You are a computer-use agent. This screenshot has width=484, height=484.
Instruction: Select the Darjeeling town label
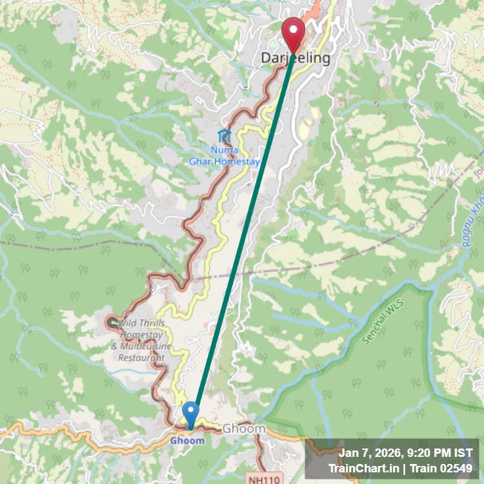click(x=295, y=58)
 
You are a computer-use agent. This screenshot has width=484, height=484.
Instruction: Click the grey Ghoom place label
click(x=244, y=429)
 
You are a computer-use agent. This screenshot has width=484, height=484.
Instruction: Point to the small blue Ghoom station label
click(x=187, y=441)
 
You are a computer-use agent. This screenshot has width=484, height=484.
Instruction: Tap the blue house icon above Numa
click(x=224, y=136)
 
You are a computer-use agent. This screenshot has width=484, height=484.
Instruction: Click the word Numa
click(x=224, y=150)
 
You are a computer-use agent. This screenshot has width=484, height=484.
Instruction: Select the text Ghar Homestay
click(x=224, y=161)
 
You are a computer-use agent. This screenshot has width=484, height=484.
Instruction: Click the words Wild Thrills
click(x=142, y=323)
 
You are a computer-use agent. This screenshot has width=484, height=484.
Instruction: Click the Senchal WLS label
click(x=377, y=321)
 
